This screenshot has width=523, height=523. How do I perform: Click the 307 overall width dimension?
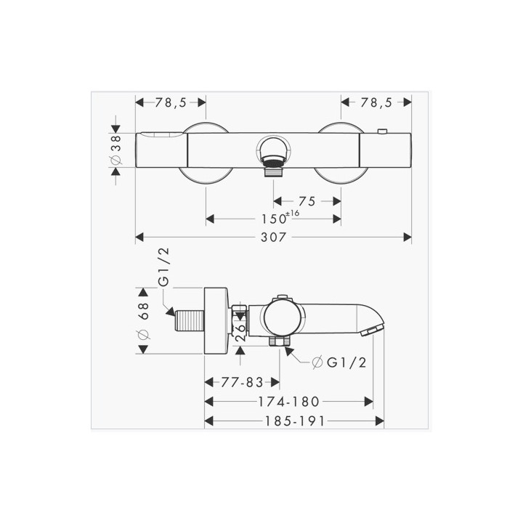click(273, 237)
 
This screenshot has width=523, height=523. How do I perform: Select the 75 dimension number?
click(307, 201)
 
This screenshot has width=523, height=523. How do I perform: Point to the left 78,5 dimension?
click(171, 102)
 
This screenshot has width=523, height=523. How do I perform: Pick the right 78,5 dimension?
click(376, 102)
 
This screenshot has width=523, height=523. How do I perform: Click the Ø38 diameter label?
click(116, 150)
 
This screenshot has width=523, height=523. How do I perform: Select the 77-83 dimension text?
click(242, 382)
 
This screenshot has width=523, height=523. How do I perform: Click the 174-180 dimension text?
click(289, 402)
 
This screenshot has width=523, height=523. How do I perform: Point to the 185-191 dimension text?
click(294, 421)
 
